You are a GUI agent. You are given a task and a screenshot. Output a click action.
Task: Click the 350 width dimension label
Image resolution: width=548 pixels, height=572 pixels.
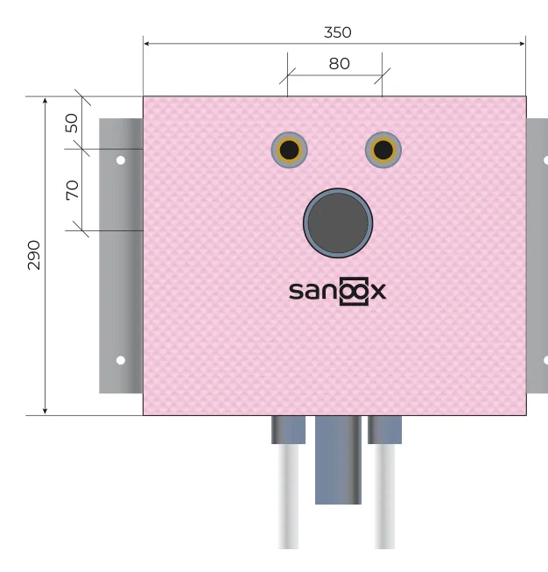coord(338,32)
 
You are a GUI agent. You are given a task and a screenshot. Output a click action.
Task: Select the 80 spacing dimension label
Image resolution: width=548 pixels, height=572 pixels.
coord(339,64)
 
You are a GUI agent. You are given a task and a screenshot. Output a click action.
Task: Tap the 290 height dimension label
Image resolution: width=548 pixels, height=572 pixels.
coord(34,255)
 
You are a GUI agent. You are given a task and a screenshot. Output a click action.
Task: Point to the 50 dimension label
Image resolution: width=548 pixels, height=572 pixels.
coord(72,123)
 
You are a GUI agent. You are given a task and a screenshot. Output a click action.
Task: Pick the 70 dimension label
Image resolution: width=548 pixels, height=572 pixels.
coord(72,190)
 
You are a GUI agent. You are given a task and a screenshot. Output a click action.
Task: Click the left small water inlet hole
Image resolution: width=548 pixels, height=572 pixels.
coord(289,150)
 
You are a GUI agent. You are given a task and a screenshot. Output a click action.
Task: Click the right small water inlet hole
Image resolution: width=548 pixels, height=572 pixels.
coord(383,150)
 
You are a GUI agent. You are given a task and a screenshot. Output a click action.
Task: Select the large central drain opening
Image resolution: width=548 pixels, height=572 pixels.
coord(338,222)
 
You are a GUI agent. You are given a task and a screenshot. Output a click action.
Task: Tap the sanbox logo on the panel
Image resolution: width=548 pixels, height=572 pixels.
coord(337,291)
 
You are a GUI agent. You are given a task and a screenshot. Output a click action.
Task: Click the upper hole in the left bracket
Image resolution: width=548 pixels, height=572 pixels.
coord(121,160)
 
